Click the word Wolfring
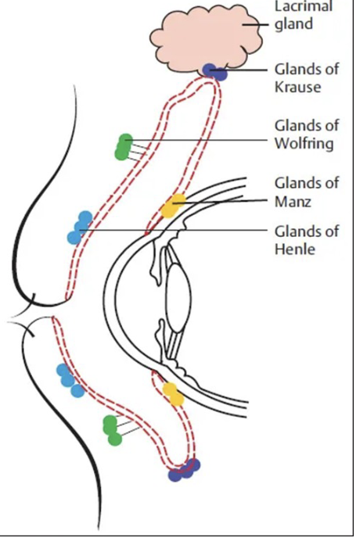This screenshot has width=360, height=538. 303,143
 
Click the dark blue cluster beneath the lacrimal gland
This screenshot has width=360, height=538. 214,72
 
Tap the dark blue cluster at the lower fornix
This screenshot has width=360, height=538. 185,470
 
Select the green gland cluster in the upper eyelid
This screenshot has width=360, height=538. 124,147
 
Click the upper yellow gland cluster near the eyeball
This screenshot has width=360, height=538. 171,206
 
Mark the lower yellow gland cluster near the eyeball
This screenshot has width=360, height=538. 173,393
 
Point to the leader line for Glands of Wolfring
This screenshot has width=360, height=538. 203,141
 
